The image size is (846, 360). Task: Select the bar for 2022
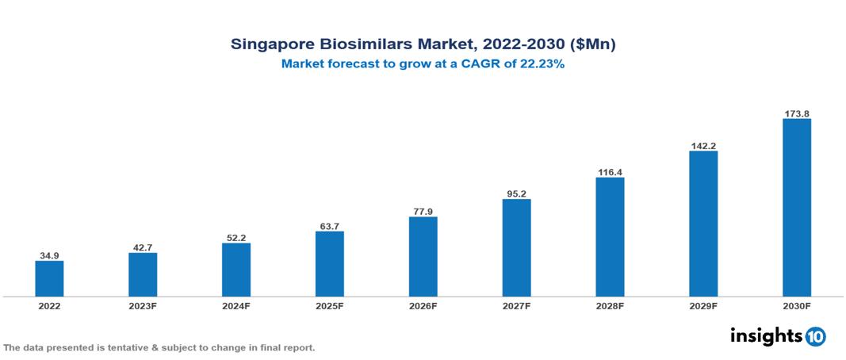pos(49,278)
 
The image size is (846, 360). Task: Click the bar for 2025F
pos(329,264)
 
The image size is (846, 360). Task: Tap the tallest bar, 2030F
pos(797,208)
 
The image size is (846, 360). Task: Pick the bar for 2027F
pos(516,247)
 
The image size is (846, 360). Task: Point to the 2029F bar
pos(703,224)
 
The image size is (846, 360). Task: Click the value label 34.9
pos(49,255)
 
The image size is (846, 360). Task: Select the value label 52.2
pos(236,237)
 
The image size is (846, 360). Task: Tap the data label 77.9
pos(423,211)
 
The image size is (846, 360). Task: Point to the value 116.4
pos(610,171)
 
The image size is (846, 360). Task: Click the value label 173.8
pos(797,113)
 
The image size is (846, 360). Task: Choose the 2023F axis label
pos(143,306)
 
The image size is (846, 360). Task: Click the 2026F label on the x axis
pos(423,306)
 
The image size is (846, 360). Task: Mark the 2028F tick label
pos(610,306)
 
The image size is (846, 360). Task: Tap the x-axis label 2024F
pos(236,306)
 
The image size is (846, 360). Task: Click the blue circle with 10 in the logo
pos(815,336)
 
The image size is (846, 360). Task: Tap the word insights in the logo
pos(766,335)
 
